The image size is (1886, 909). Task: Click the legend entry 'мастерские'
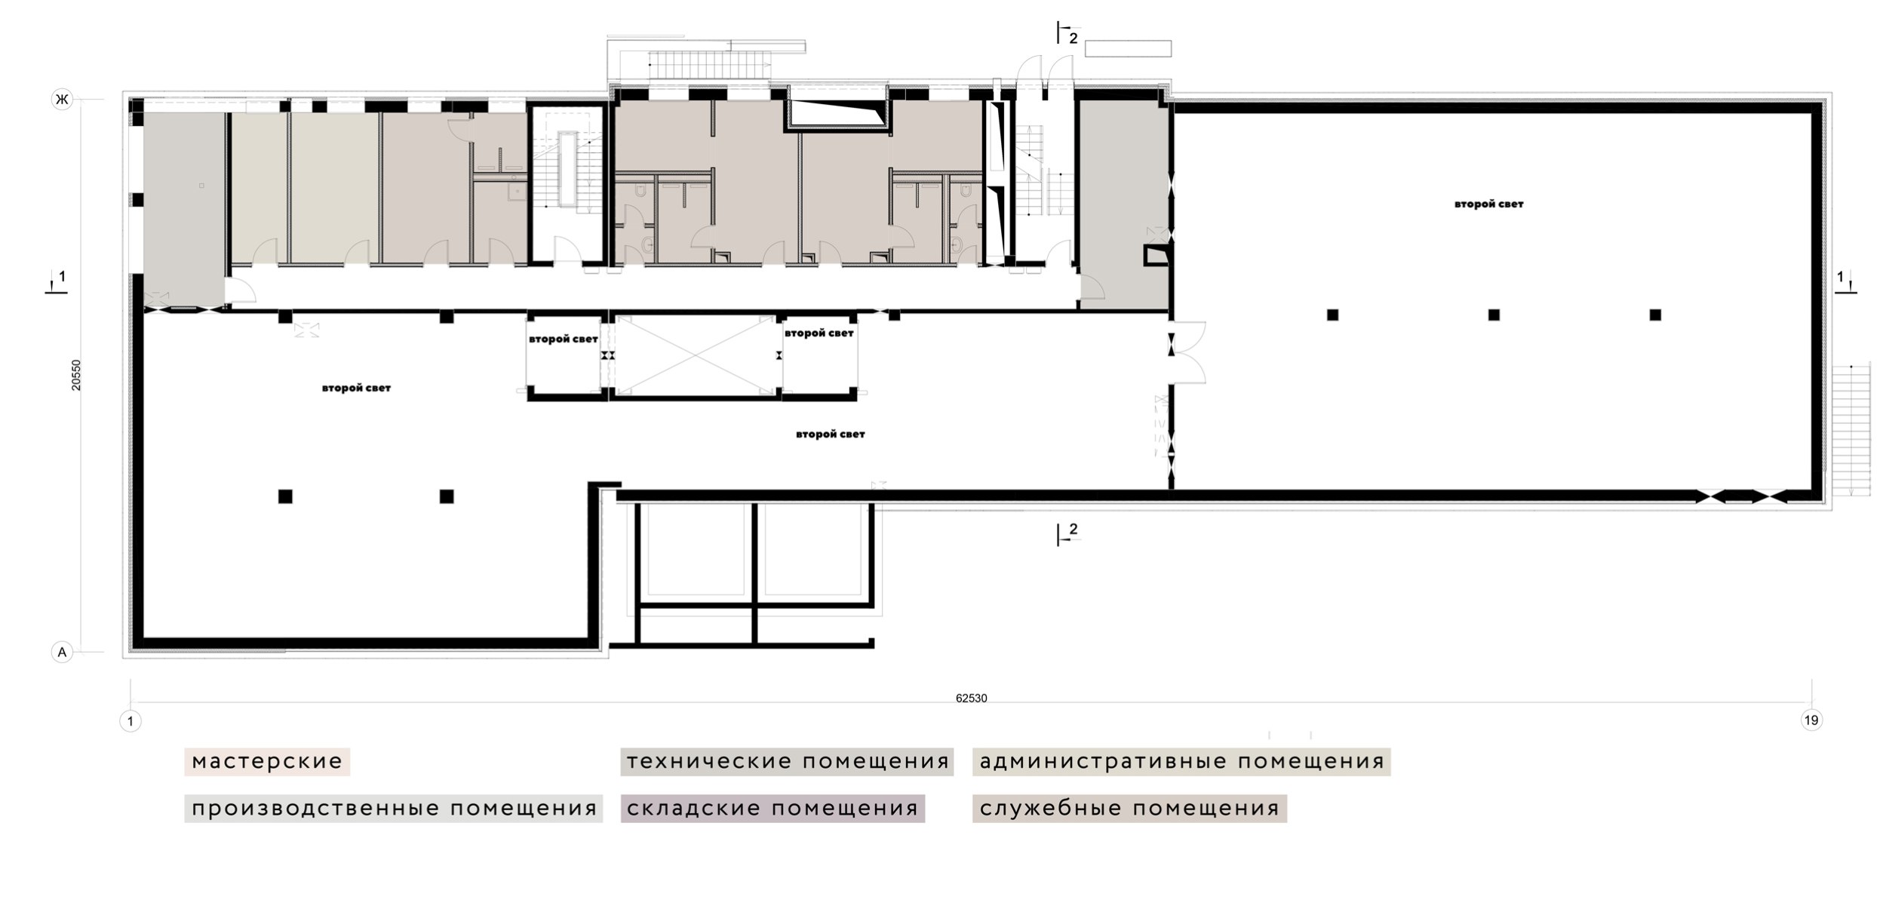coord(267,761)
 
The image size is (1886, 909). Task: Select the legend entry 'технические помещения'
coord(787,761)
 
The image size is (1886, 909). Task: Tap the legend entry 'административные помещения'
coord(1181,761)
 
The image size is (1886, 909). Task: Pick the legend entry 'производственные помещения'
coord(394,808)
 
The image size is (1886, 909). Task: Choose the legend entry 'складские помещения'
coord(773,808)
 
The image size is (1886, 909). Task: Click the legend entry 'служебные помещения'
coord(1129,808)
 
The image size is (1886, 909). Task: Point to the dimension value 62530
coord(971,699)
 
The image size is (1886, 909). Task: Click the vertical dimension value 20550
coord(76,375)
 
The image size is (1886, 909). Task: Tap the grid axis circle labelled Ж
coord(62,99)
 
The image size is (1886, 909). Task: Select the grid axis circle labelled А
coord(62,652)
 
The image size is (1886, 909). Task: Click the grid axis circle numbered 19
coord(1811,720)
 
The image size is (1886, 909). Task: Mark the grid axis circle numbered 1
coord(131,722)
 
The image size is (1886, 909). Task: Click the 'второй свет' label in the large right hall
coord(1489,204)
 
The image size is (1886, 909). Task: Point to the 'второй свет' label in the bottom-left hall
coord(356,388)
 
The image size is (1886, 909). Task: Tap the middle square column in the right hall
coord(1494,315)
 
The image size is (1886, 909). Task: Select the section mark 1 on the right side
coord(1845,281)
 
